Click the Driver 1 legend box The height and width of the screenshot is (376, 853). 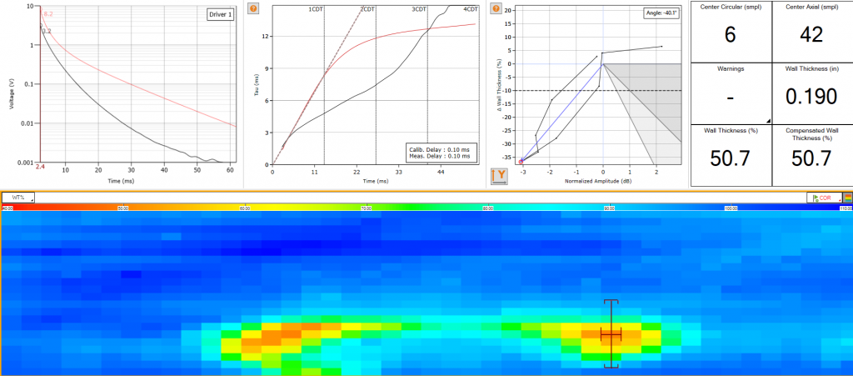221,16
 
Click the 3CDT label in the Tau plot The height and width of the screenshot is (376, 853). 419,9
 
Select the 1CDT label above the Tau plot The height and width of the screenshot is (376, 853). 316,9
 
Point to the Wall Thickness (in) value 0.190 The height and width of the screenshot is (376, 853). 811,97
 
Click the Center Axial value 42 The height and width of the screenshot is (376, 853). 811,34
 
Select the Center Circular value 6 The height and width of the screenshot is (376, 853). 731,34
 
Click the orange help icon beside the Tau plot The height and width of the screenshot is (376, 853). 253,8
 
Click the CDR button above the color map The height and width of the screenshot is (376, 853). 824,198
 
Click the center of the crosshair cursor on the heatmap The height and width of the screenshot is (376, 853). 611,333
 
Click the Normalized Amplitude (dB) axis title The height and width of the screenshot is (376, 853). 601,180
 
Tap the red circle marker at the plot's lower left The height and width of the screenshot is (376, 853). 521,161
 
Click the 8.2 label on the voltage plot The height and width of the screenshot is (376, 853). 47,14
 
